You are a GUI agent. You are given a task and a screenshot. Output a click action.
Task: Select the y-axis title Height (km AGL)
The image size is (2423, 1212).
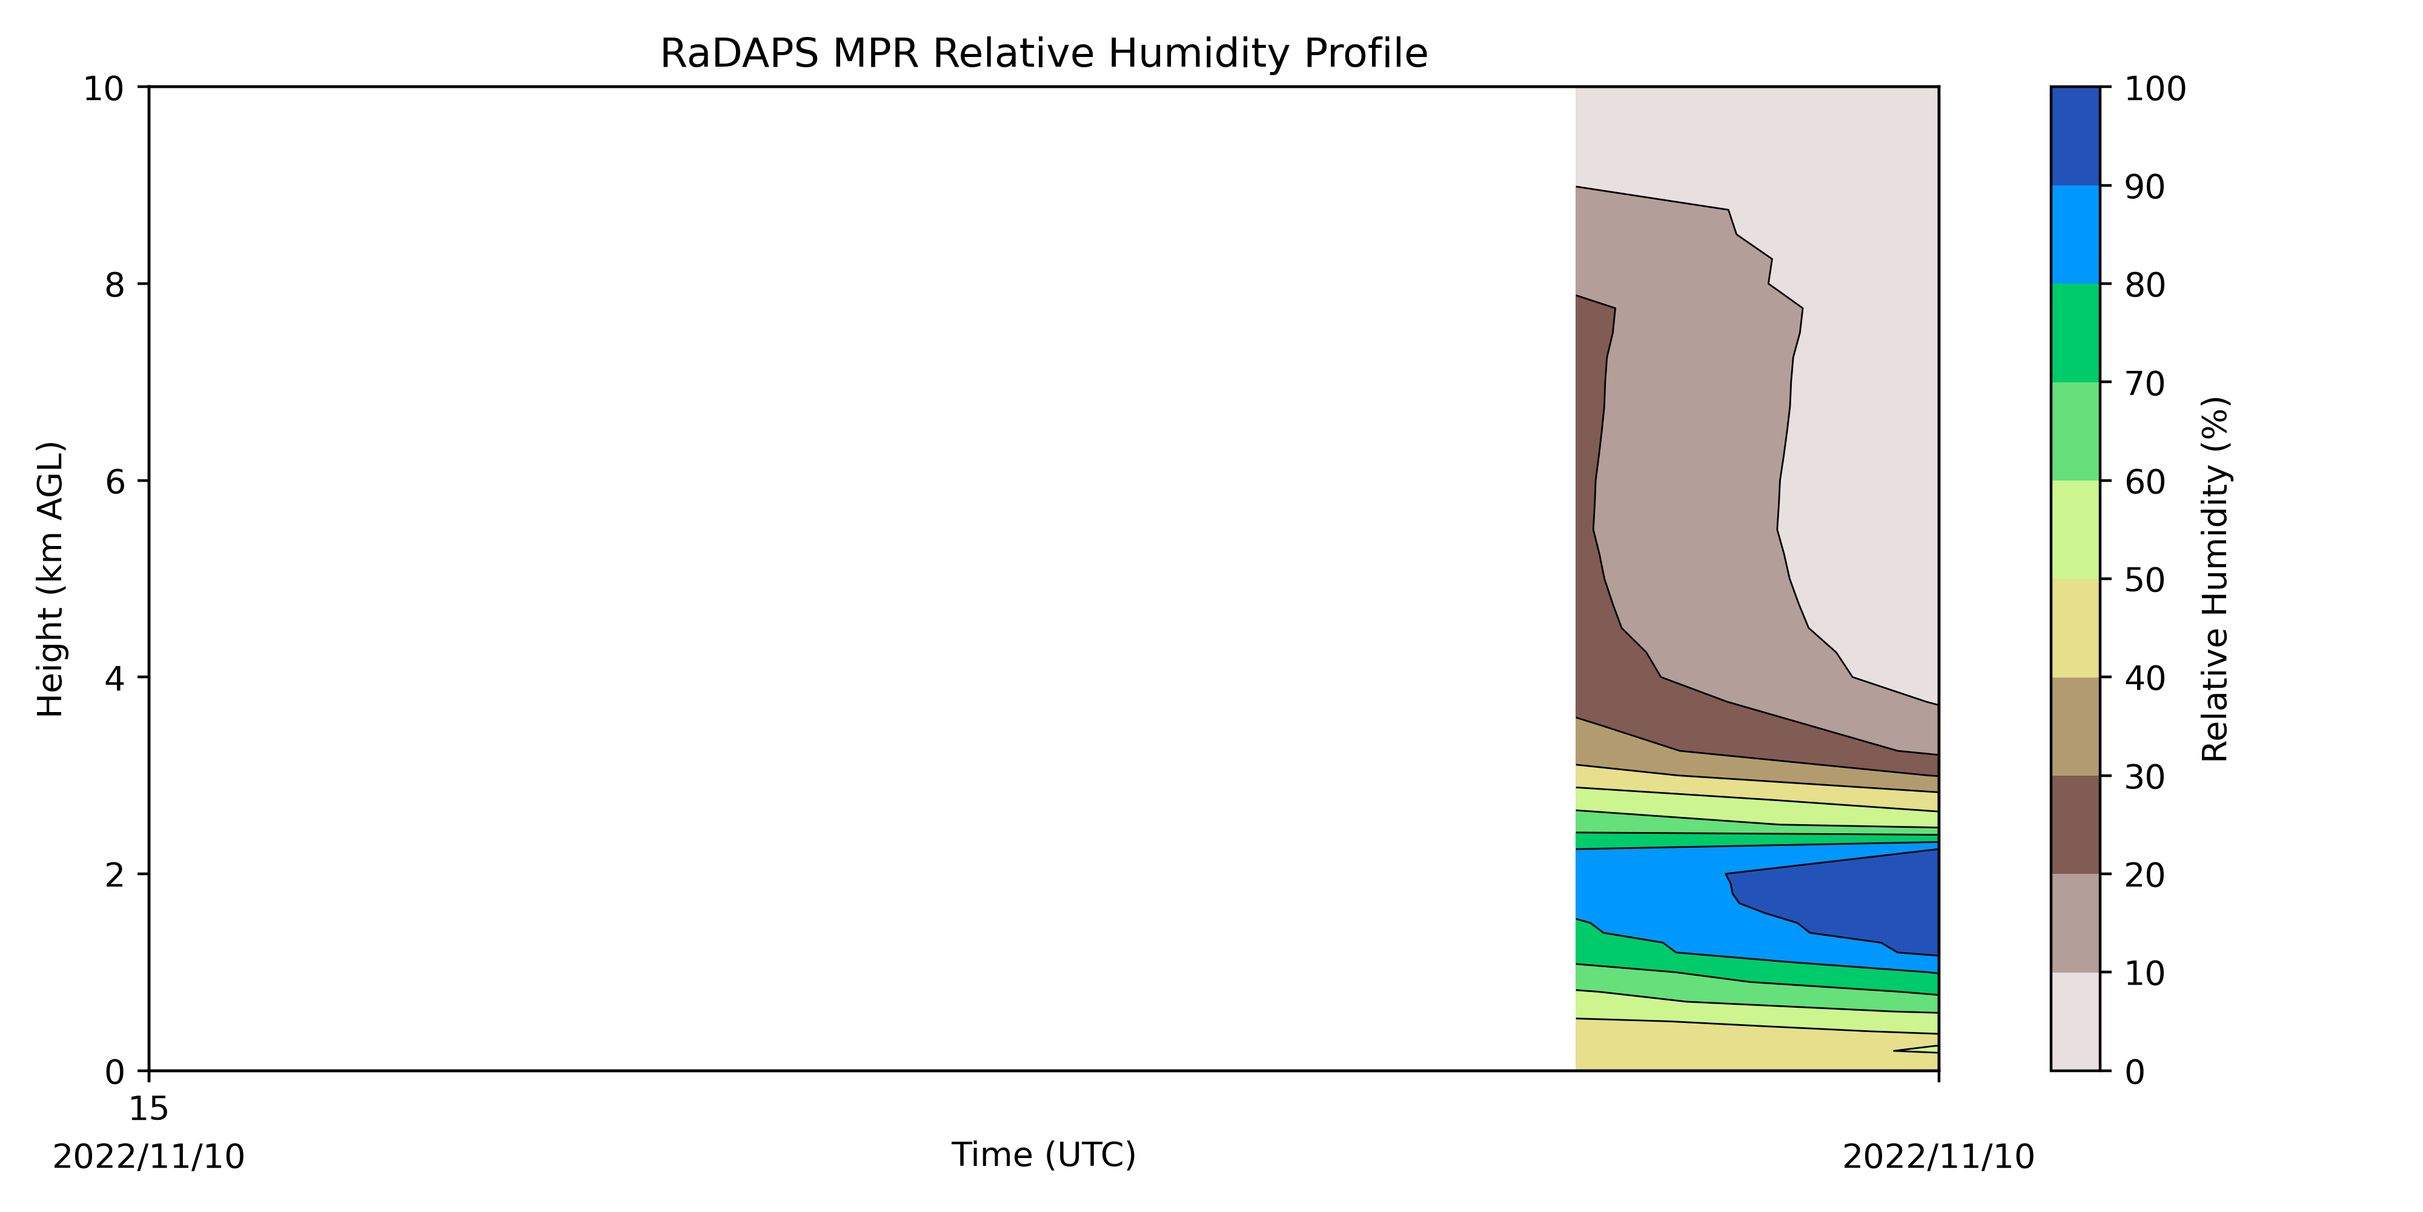point(51,579)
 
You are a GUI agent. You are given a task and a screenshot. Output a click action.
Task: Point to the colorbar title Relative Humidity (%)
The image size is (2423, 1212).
point(2215,579)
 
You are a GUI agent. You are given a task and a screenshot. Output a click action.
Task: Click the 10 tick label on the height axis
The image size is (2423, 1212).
point(104,88)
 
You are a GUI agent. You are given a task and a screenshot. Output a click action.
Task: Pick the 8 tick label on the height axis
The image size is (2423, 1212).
point(114,284)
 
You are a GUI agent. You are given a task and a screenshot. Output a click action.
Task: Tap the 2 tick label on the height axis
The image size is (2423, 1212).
point(114,875)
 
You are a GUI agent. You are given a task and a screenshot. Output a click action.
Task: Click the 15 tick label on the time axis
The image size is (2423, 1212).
point(148,1108)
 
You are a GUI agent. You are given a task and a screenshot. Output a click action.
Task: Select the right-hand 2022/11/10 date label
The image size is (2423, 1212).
point(1938,1156)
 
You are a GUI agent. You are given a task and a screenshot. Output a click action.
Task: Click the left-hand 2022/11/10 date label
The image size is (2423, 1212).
point(148,1156)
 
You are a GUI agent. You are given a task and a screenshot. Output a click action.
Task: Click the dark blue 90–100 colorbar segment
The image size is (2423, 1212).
point(2075,136)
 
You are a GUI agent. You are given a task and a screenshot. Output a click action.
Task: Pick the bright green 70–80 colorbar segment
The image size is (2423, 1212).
point(2075,333)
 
